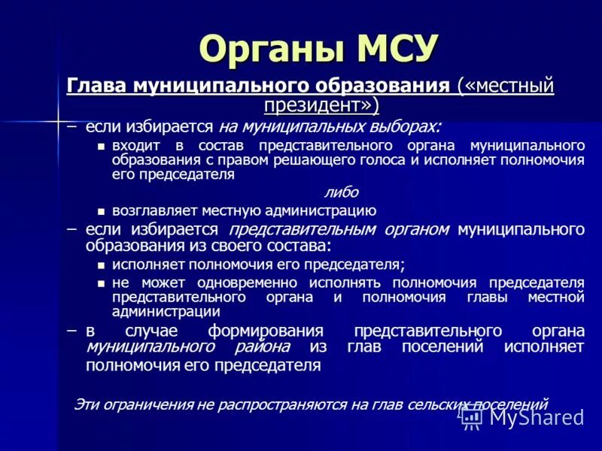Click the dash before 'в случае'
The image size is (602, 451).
click(71, 331)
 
